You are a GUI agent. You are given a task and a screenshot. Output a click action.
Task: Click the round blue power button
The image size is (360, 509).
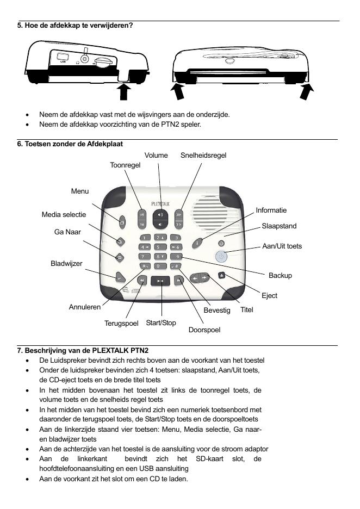point(220,257)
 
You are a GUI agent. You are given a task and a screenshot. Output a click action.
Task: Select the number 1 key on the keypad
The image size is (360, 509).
point(144,238)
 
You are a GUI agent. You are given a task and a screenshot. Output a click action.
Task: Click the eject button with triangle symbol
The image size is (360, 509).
point(221,275)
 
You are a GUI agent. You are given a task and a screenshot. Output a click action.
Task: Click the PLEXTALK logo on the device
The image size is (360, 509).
point(160,203)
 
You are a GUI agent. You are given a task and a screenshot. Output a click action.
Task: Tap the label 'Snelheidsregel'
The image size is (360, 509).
point(203,156)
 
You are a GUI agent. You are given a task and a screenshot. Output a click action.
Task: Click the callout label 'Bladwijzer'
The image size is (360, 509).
point(66,264)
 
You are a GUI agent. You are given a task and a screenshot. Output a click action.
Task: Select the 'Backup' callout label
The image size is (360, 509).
point(280,276)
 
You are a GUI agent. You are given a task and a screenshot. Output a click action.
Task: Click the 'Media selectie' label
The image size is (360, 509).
point(64,215)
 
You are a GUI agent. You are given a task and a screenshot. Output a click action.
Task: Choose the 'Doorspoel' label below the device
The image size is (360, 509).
point(204,330)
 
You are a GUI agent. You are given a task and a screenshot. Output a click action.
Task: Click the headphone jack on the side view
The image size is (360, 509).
point(84,58)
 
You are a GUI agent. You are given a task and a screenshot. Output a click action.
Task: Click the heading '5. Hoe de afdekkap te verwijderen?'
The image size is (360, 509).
point(75,26)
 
